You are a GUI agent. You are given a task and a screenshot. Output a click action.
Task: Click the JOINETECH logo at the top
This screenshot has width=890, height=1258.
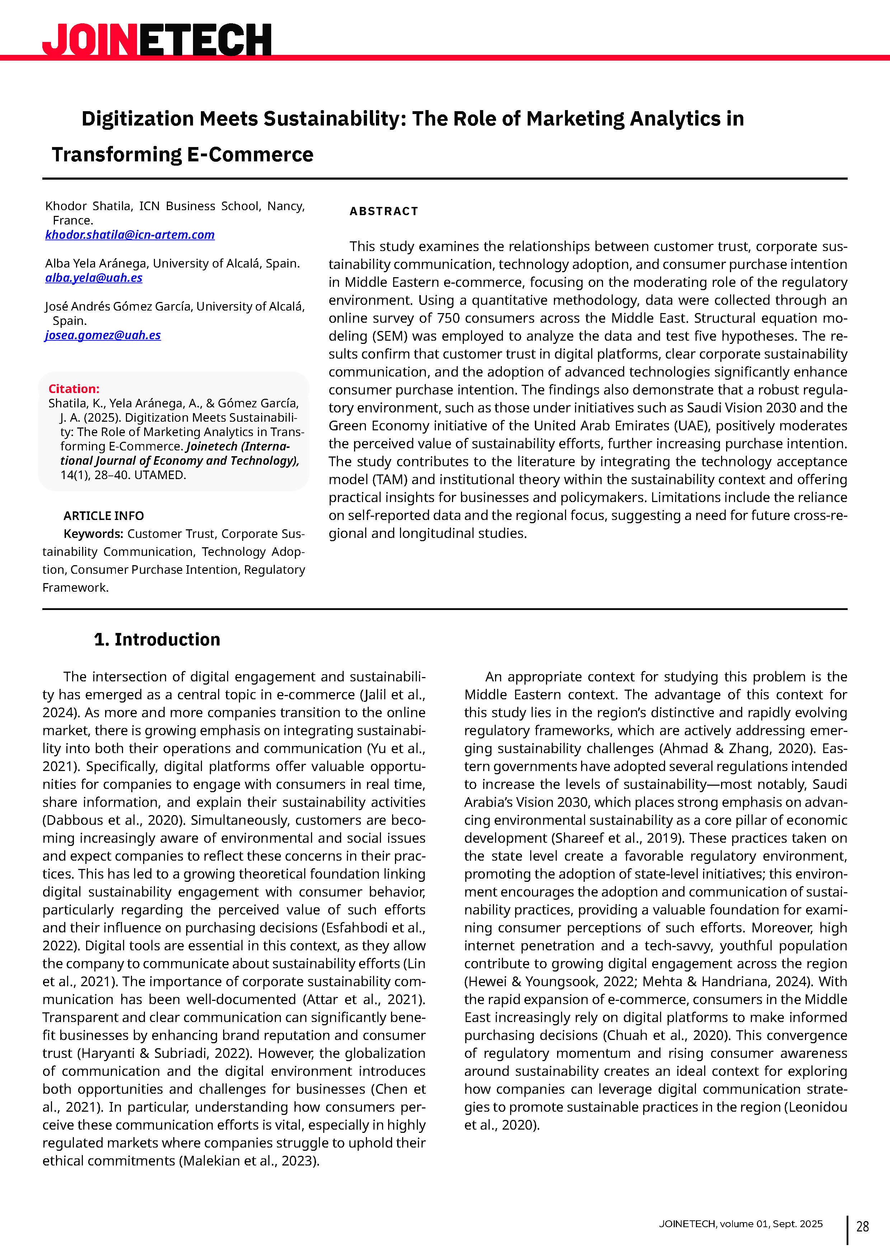point(157,39)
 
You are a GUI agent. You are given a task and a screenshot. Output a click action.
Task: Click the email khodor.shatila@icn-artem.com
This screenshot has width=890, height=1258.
point(130,235)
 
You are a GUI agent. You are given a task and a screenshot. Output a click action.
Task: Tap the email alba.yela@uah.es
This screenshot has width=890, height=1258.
point(94,278)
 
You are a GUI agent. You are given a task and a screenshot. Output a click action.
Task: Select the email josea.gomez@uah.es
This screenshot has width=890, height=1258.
point(103,335)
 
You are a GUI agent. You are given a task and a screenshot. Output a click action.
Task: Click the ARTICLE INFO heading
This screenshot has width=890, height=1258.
point(104,516)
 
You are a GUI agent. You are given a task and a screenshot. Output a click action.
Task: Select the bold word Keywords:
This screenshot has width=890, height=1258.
point(93,534)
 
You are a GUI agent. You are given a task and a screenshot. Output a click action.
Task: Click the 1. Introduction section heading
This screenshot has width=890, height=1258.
point(157,639)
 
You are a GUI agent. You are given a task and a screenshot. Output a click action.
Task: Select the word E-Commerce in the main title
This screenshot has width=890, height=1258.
point(250,155)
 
